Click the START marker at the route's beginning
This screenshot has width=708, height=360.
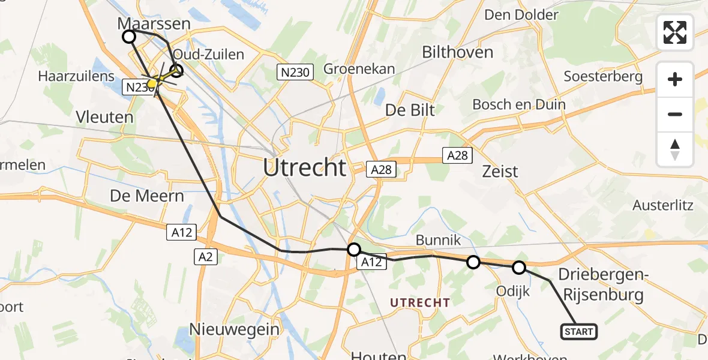click(x=579, y=332)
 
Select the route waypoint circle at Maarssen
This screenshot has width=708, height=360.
click(x=129, y=37)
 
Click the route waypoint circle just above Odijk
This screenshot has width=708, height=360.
click(x=519, y=268)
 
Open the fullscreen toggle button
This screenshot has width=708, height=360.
click(x=675, y=32)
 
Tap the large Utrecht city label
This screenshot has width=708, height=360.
click(x=305, y=167)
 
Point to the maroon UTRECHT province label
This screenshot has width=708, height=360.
click(x=420, y=303)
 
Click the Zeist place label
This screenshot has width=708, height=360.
click(x=500, y=172)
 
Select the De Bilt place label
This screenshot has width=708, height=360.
click(x=410, y=110)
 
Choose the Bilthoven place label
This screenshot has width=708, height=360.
click(x=457, y=52)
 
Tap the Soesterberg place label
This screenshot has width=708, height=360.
click(x=603, y=76)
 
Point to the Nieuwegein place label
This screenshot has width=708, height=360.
click(x=235, y=329)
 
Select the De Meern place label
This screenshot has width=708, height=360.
click(x=147, y=196)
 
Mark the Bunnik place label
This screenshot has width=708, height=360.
click(x=439, y=241)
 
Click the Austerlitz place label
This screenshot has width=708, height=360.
click(x=663, y=205)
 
